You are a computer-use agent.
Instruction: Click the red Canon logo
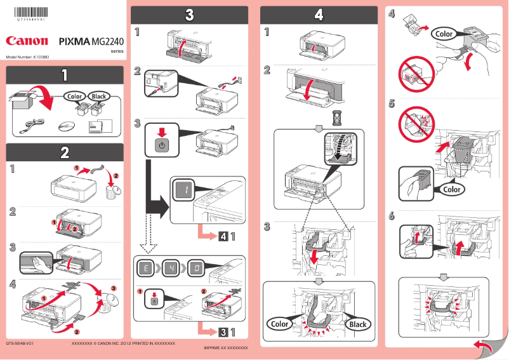[27, 41]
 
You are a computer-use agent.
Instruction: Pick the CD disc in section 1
[65, 126]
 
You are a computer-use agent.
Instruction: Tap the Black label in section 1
[98, 97]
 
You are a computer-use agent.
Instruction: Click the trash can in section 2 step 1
[114, 189]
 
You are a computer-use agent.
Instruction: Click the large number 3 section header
[189, 15]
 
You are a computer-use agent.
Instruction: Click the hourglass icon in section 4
[319, 117]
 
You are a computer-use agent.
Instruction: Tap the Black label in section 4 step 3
[357, 324]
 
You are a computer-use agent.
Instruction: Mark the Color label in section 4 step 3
[280, 324]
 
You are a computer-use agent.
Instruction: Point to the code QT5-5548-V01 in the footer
[20, 343]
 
